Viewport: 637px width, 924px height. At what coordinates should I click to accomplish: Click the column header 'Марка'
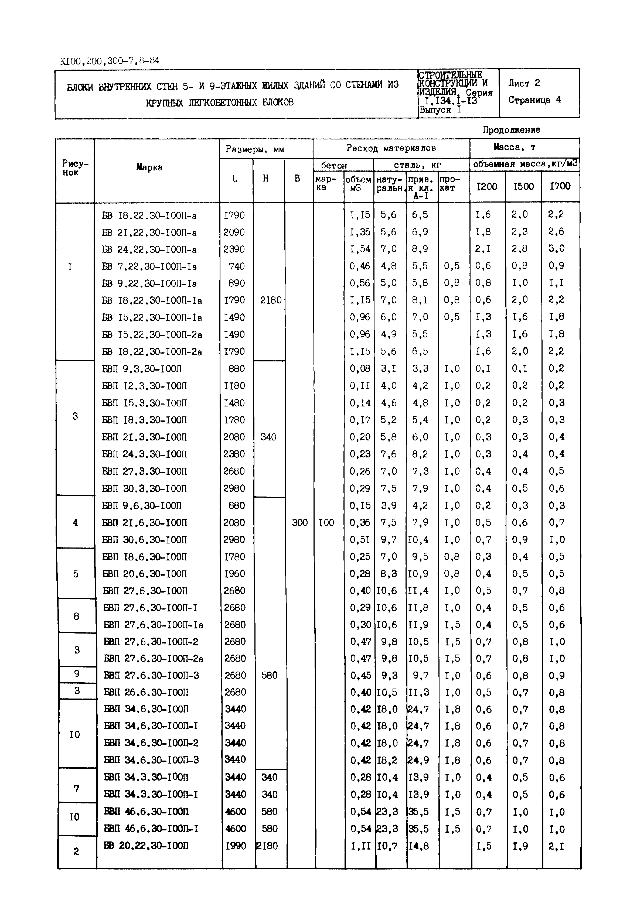click(x=149, y=167)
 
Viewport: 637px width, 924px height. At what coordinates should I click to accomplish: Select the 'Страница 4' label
click(x=534, y=100)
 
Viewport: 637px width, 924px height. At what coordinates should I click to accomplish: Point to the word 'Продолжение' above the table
click(x=511, y=130)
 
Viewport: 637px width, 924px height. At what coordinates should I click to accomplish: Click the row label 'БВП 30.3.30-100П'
click(x=145, y=489)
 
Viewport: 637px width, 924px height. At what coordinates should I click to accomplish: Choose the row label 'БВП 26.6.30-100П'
click(x=146, y=692)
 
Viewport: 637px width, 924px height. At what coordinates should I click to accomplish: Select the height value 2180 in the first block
click(x=270, y=300)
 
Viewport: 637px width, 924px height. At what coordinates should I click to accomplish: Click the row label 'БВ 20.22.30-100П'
click(x=146, y=846)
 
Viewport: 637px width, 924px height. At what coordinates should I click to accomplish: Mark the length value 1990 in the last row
click(x=236, y=846)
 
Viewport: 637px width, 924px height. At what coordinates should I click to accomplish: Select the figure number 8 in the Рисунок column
click(x=76, y=616)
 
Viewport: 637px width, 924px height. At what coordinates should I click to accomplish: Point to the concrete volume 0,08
click(x=360, y=369)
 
